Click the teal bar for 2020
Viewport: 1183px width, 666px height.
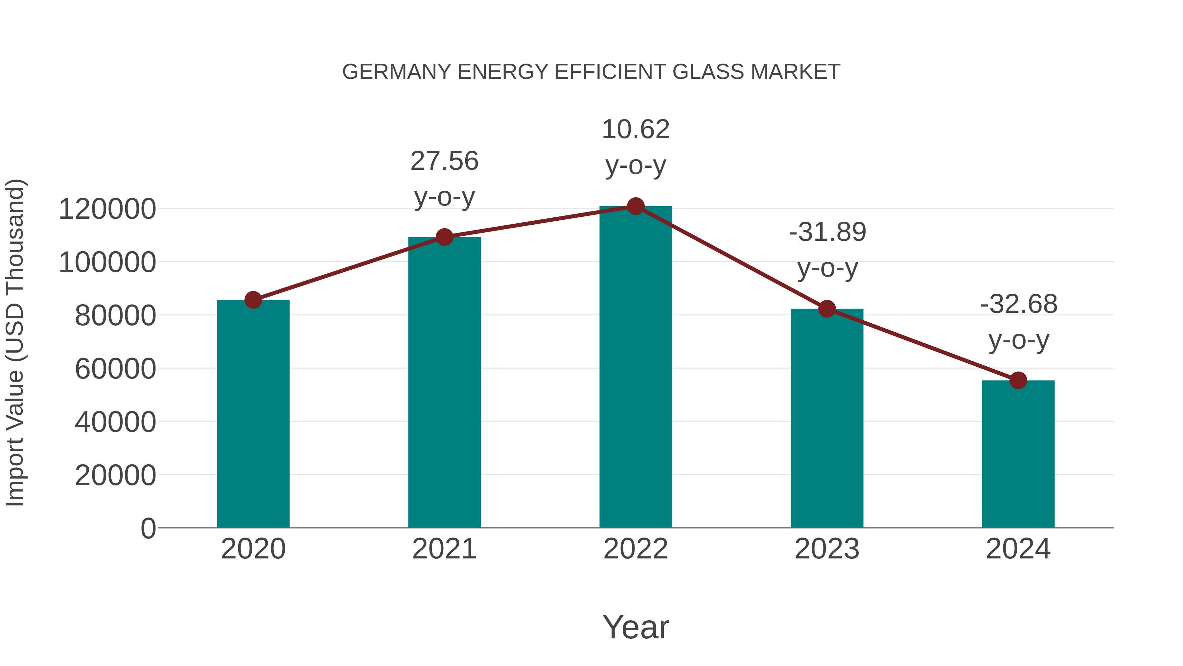click(253, 414)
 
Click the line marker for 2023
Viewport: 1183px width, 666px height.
click(827, 309)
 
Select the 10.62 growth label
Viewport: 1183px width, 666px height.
click(636, 130)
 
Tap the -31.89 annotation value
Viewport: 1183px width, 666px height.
click(827, 232)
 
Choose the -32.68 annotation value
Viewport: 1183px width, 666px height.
click(1019, 304)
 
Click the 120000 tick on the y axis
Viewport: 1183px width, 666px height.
click(107, 210)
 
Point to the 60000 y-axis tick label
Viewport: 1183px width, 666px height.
click(115, 369)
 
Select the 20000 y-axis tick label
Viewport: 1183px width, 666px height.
click(115, 476)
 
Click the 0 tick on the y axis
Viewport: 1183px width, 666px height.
click(148, 529)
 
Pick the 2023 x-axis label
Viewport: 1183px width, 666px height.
click(827, 549)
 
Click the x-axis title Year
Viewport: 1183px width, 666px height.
click(636, 628)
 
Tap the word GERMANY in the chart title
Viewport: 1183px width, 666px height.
click(397, 72)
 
